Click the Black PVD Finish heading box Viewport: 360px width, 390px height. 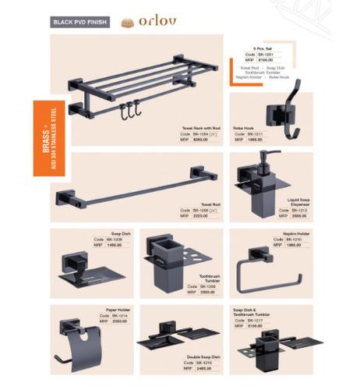pyautogui.click(x=79, y=23)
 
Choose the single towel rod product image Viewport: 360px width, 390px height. pyautogui.click(x=129, y=188)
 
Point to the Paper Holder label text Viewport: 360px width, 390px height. pyautogui.click(x=119, y=310)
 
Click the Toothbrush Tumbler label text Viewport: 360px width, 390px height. pyautogui.click(x=210, y=278)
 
